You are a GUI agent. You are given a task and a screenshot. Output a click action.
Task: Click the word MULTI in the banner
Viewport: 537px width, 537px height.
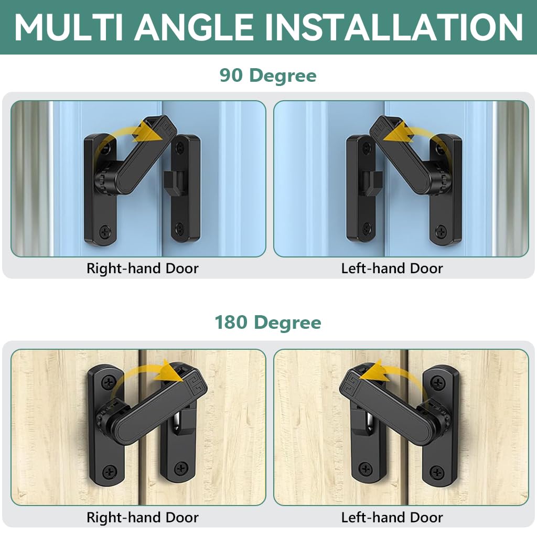69,27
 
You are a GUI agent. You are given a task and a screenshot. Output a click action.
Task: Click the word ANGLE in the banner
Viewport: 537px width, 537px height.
193,27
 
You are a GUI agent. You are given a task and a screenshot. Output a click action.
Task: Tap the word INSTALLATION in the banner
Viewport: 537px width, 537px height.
394,27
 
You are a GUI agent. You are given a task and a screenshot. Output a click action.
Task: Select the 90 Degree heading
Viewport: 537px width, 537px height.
268,76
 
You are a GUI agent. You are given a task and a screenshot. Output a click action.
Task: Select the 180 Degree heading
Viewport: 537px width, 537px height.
268,323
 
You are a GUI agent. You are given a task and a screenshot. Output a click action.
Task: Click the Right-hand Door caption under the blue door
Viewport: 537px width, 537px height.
143,268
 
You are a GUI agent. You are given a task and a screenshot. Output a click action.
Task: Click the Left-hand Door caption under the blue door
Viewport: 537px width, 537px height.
392,268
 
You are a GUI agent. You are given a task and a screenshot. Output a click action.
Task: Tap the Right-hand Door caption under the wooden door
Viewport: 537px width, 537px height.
143,518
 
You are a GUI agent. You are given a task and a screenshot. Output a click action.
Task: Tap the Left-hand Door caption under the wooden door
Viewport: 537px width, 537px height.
392,518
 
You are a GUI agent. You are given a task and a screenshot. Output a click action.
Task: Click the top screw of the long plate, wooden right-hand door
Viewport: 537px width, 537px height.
109,382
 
